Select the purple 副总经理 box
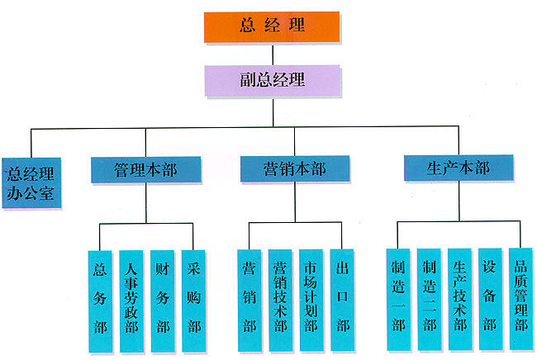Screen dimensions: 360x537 tap(271, 80)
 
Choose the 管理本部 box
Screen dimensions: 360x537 tap(146, 169)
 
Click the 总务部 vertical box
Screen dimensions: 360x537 tap(101, 298)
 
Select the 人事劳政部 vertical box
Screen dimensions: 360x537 tap(131, 298)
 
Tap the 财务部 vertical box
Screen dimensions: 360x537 tap(163, 298)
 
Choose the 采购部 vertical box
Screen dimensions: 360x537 tap(194, 298)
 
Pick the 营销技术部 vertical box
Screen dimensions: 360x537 tap(279, 298)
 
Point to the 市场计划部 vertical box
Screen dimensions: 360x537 tap(311, 298)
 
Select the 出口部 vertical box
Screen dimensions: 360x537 tap(342, 298)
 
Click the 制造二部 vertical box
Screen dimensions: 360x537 tap(429, 298)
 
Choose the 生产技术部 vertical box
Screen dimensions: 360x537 tap(459, 298)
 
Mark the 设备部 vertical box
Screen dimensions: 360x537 tap(491, 298)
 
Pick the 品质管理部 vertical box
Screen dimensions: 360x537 tap(520, 298)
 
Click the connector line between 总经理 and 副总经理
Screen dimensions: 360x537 tap(271, 53)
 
